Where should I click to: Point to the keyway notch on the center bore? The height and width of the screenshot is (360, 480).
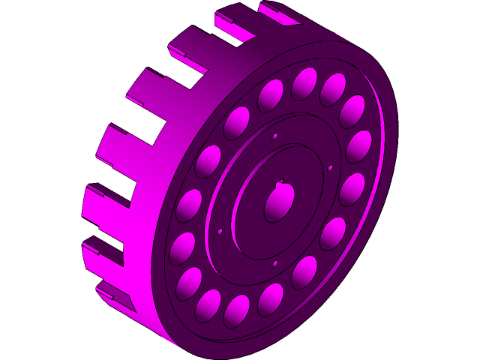point(280,182)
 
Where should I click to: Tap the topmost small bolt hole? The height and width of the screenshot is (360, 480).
point(275,136)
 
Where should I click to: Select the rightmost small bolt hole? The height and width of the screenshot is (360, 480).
point(330,168)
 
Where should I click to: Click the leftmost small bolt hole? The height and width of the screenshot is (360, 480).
point(220,232)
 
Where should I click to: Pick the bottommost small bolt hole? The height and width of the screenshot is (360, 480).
point(274,263)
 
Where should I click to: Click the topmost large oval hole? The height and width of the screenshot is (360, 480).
point(304,83)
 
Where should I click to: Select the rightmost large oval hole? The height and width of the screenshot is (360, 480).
point(358,146)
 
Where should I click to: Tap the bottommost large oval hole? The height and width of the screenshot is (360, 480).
point(236,311)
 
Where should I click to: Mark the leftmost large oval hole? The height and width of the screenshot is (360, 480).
point(182,249)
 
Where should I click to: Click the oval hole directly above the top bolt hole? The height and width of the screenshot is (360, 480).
point(270,95)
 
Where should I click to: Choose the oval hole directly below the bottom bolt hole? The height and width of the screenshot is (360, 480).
point(271,299)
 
